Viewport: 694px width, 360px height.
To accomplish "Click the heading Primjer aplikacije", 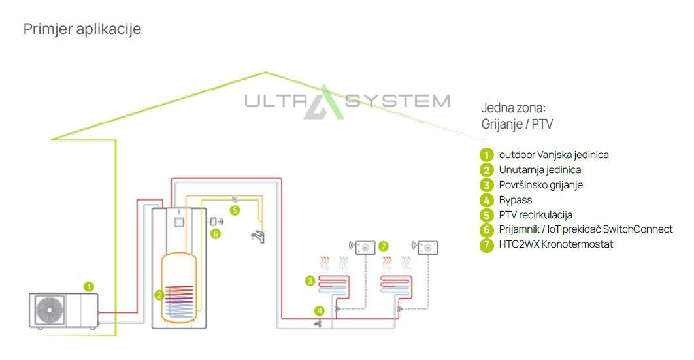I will [x=82, y=29].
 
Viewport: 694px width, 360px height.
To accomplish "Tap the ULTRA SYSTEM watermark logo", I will [x=347, y=103].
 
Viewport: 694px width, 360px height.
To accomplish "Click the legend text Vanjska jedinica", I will [x=575, y=155].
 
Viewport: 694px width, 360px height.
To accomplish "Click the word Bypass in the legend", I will [x=516, y=200].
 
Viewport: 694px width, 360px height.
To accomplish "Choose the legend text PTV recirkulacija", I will [x=535, y=214].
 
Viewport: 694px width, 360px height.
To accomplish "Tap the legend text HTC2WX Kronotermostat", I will [x=556, y=244].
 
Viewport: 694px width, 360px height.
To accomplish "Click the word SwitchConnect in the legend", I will [x=638, y=229].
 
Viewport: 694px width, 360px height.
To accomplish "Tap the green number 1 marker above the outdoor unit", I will [x=89, y=286].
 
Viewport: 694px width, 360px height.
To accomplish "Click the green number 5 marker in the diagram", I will [x=235, y=210].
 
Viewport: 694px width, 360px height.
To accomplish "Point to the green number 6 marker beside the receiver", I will [x=215, y=233].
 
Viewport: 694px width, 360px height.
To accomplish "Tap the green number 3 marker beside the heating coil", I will [x=310, y=281].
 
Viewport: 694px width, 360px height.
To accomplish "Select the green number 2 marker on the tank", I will [x=159, y=295].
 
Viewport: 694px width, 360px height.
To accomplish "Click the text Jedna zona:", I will [x=513, y=108].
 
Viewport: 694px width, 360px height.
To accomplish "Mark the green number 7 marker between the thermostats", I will [x=384, y=246].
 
